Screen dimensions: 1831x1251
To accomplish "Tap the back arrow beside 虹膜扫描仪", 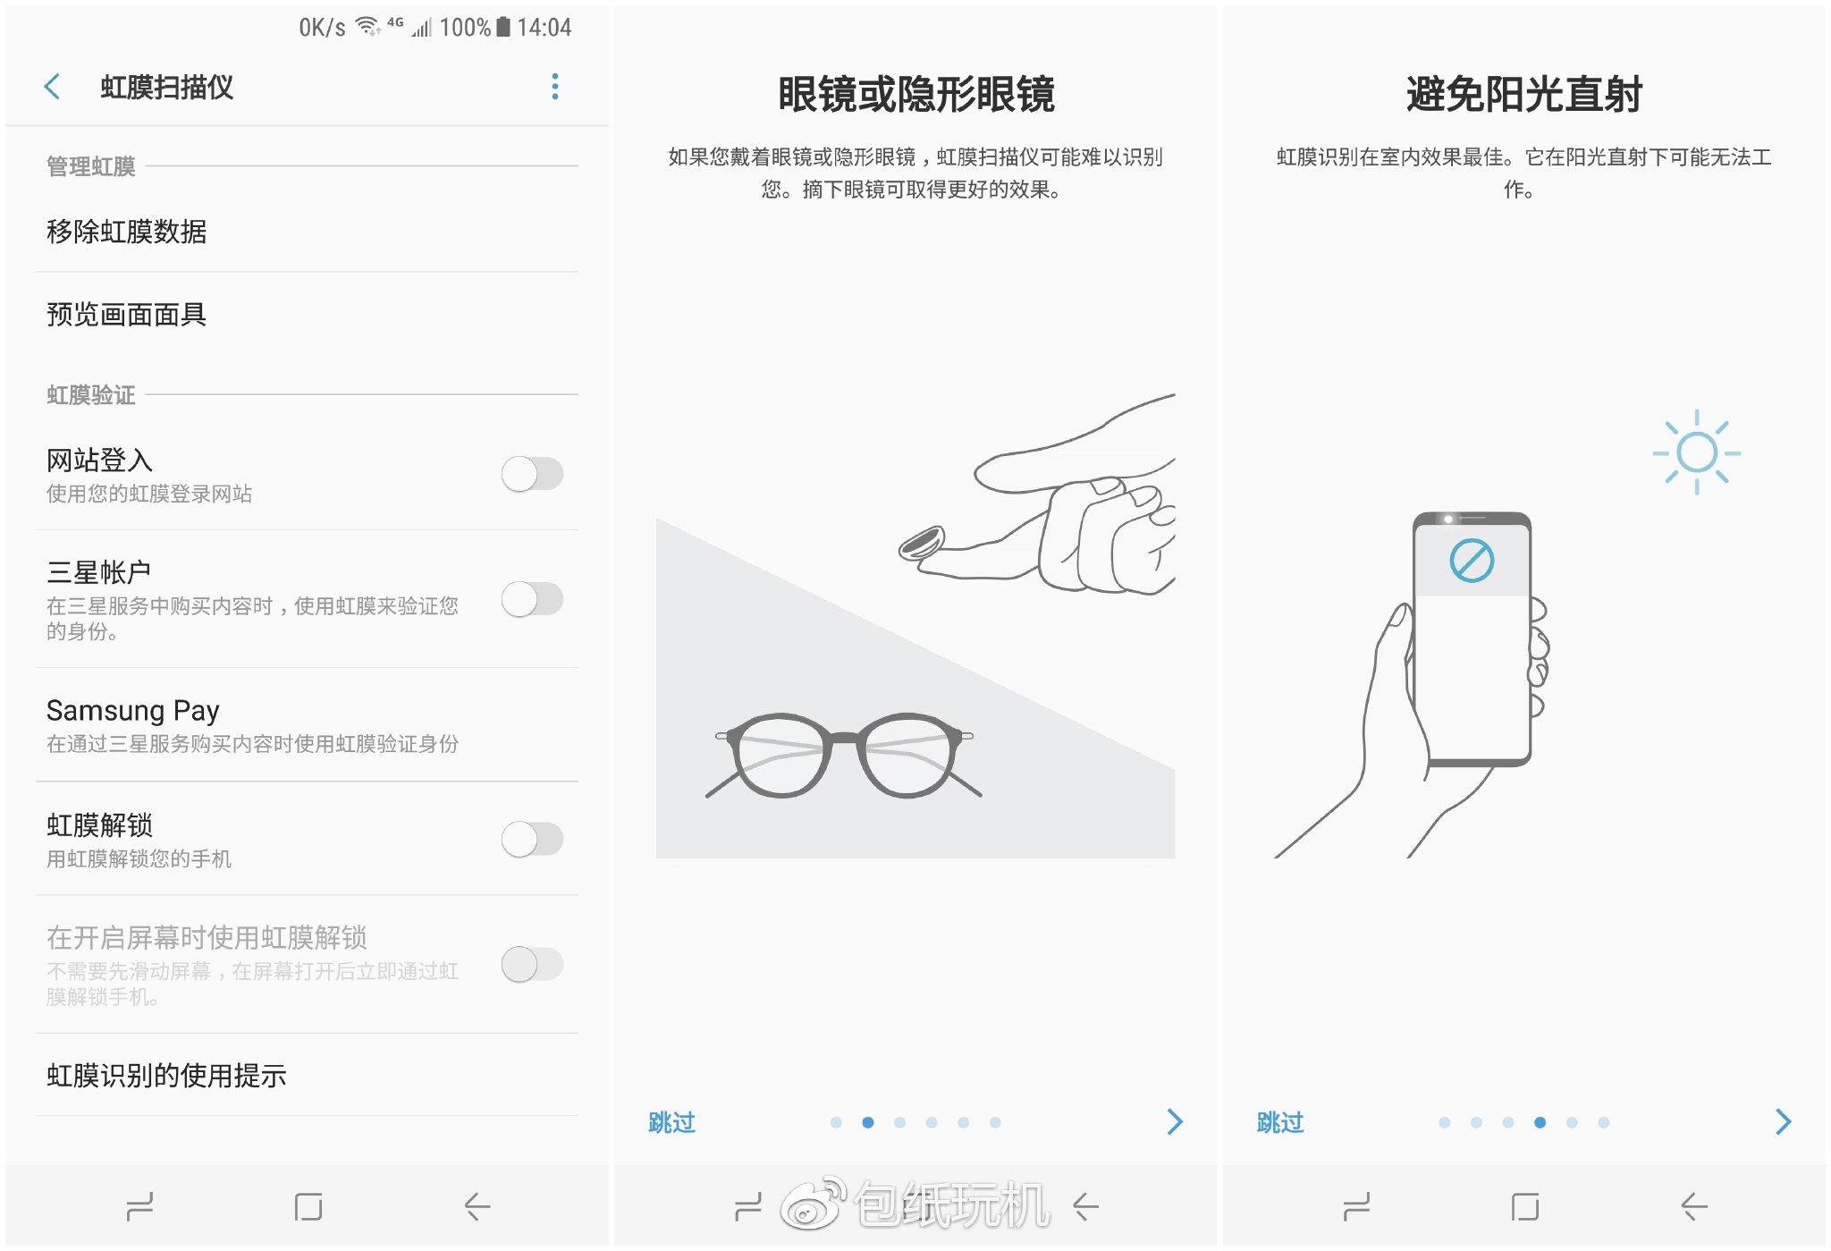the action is coord(52,87).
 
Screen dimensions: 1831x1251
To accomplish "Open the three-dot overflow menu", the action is coord(555,87).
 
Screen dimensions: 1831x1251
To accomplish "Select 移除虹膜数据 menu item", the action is coord(127,232).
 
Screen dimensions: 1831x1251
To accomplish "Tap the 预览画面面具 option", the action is coord(127,314).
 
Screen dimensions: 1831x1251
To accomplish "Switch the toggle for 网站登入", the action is coord(533,474).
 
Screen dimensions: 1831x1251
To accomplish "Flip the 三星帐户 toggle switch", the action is coord(533,599).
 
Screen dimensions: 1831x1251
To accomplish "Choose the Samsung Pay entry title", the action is coord(133,711).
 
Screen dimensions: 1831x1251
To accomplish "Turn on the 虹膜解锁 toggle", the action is coord(533,839).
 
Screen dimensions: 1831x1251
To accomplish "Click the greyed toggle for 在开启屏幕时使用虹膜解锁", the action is coord(533,964).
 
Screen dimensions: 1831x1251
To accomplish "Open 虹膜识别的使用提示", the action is coord(166,1075).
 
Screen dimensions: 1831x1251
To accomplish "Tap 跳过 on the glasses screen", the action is coord(672,1122).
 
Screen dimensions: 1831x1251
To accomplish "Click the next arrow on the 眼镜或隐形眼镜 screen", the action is coord(1175,1121).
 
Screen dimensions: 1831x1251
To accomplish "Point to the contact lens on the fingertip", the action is coord(922,543).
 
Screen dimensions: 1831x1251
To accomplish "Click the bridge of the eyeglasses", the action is coord(845,738).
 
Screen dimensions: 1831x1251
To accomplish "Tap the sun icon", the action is coord(1697,452).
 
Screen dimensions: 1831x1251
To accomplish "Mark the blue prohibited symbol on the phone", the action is coord(1472,561).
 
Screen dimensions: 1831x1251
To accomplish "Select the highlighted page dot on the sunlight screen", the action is coord(1540,1122).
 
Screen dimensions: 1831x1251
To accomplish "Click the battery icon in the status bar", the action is coord(503,27).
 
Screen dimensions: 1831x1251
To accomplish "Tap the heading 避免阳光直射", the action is coord(1524,94).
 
